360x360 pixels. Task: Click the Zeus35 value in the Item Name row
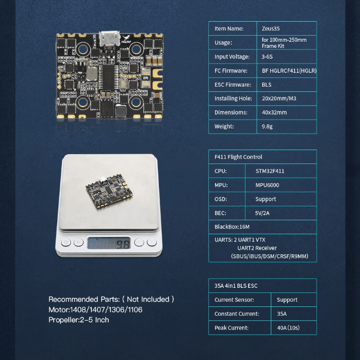(x=271, y=28)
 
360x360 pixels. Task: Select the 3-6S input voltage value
(x=267, y=57)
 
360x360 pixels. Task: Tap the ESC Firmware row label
(x=233, y=85)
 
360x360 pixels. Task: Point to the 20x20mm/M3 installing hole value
(x=279, y=99)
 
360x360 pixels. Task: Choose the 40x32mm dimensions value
(x=274, y=112)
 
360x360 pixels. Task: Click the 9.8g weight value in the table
(x=267, y=126)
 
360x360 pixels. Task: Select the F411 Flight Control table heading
(x=238, y=157)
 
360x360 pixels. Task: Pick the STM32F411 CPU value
(x=270, y=171)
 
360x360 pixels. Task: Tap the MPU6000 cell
(x=267, y=185)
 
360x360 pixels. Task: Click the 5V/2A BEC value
(x=262, y=213)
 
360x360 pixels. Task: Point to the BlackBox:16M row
(x=232, y=227)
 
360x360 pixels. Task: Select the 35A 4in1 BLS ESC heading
(x=236, y=286)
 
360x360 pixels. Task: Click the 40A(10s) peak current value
(x=288, y=328)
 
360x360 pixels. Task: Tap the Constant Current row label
(x=237, y=314)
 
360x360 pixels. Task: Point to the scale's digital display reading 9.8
(x=109, y=243)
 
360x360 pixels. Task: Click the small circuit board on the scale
(x=109, y=191)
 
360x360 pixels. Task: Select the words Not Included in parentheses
(x=148, y=299)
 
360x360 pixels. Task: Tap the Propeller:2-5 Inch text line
(x=79, y=320)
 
